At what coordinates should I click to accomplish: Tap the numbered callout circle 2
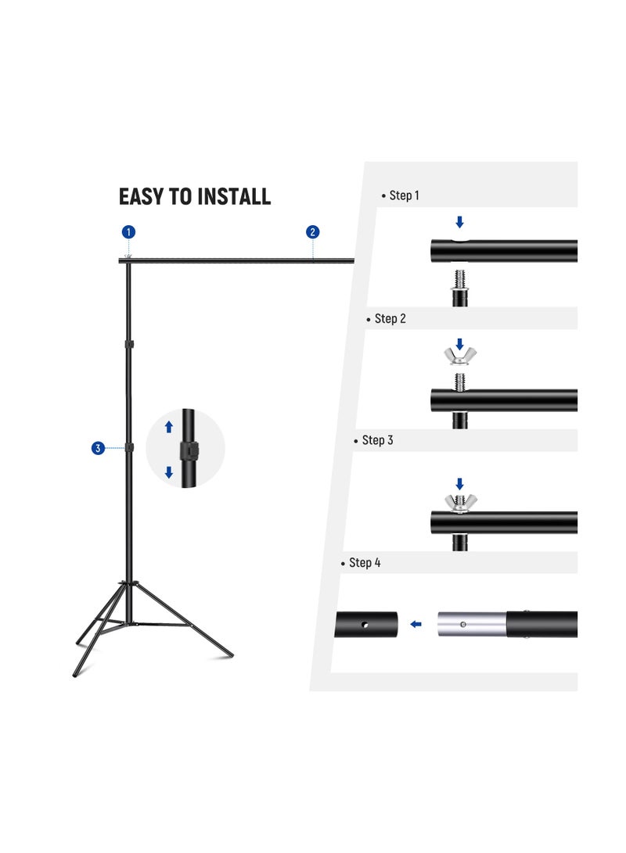point(313,231)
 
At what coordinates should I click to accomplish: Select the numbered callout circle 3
point(98,448)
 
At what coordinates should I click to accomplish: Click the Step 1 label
point(400,195)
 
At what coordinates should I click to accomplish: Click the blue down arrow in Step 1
point(459,223)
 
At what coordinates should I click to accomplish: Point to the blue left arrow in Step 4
point(416,624)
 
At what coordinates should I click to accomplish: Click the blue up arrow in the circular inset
point(168,427)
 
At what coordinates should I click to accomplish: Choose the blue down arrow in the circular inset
point(168,472)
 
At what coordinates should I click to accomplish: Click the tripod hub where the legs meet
point(130,585)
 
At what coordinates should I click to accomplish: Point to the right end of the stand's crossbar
point(351,260)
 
